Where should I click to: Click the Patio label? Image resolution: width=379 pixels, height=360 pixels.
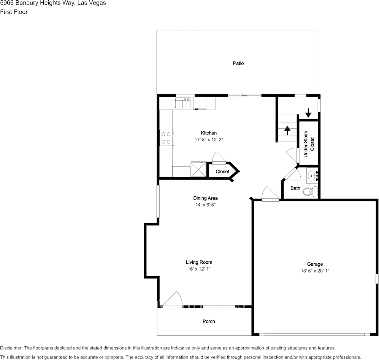(x=238, y=63)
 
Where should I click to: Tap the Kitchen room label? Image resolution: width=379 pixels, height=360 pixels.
(x=209, y=133)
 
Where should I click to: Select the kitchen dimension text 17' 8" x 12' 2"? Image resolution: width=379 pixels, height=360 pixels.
(x=209, y=140)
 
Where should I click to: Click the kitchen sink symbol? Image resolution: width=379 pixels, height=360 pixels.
(x=184, y=103)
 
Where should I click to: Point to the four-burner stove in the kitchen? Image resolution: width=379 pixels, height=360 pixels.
(x=166, y=137)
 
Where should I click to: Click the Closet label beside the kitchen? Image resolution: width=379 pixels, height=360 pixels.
(x=222, y=172)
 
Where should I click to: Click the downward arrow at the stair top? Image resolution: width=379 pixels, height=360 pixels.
(x=308, y=113)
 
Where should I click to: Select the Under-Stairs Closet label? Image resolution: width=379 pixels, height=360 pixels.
(x=309, y=144)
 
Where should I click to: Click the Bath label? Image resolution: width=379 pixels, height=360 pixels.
(x=295, y=188)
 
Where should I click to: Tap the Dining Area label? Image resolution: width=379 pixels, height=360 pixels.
(x=205, y=198)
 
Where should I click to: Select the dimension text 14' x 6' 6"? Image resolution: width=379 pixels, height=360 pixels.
(x=205, y=205)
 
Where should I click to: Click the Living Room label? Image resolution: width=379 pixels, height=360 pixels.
(x=199, y=262)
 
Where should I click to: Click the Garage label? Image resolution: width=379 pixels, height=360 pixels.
(x=315, y=264)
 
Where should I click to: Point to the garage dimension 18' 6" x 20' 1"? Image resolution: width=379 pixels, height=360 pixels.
(x=315, y=271)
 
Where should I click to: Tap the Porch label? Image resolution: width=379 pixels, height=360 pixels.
(x=209, y=322)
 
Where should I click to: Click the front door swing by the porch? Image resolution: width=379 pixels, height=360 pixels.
(x=173, y=299)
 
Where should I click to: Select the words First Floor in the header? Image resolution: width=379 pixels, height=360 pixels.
(x=14, y=12)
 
